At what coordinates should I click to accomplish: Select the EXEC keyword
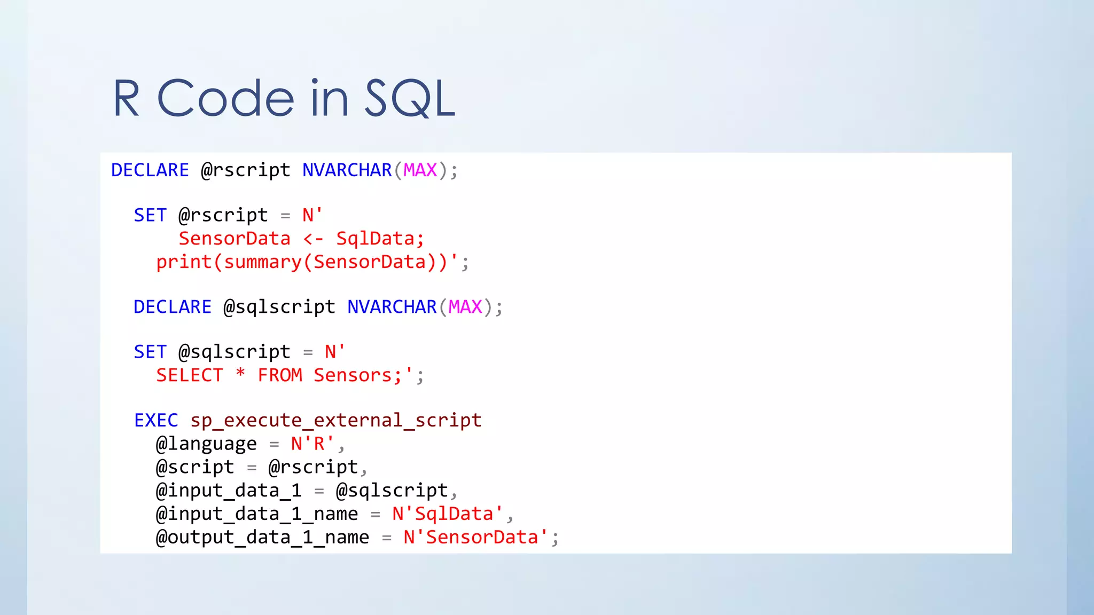156,421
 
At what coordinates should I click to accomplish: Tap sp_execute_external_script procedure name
336,421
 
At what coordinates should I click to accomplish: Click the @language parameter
206,444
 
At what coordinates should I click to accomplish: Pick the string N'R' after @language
312,444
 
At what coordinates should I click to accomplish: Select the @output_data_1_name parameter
262,538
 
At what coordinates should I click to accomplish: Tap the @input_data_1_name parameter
257,514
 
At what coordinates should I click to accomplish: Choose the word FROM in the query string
280,375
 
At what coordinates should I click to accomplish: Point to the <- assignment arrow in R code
314,239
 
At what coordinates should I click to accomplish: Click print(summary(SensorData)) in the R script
302,262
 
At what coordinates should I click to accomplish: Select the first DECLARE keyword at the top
150,170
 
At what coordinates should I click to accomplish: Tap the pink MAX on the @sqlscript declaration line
465,307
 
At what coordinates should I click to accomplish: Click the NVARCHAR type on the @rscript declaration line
347,170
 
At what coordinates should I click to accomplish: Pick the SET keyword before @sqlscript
150,352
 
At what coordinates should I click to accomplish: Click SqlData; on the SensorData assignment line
380,239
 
